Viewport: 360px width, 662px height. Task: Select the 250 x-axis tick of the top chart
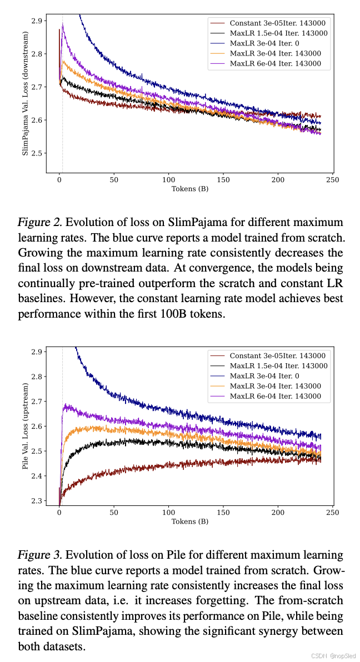point(332,180)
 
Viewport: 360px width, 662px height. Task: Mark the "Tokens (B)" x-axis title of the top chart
point(190,189)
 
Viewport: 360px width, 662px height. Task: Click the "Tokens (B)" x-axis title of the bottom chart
point(190,521)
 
